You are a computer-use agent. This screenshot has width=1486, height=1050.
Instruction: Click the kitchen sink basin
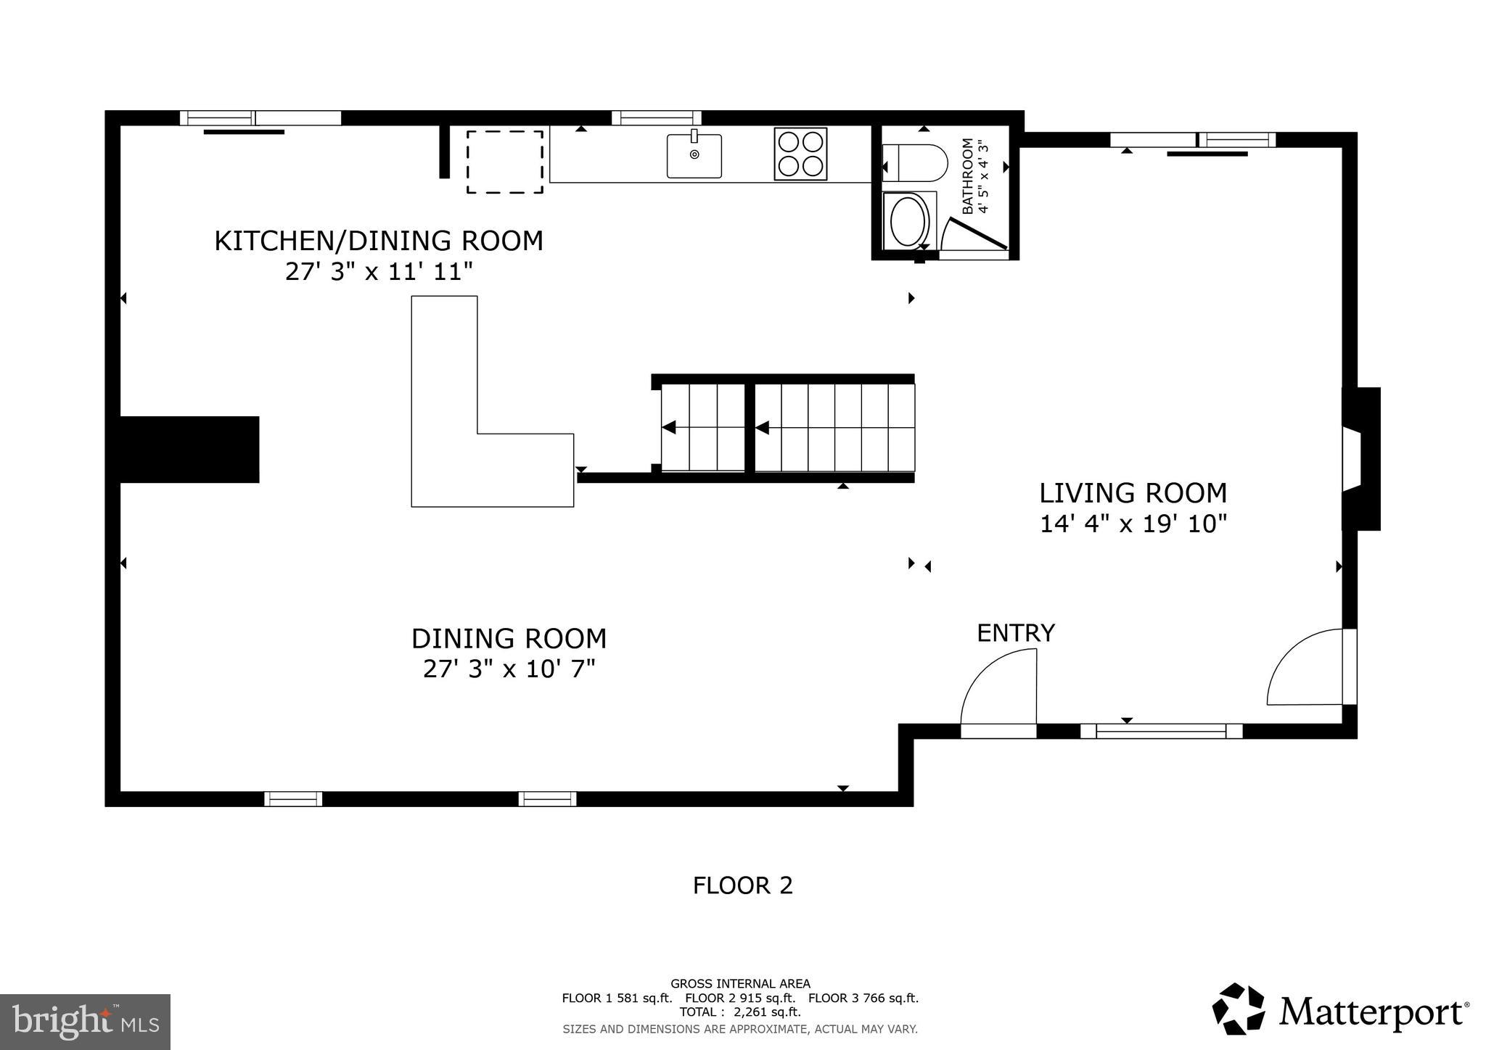[x=694, y=156]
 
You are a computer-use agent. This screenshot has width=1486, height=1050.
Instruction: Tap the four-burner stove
[x=800, y=154]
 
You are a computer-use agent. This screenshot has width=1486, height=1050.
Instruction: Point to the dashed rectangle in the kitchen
[x=505, y=162]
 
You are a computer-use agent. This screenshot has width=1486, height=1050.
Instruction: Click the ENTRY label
[x=1015, y=633]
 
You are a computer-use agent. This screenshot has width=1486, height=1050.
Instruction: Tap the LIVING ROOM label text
[x=1133, y=493]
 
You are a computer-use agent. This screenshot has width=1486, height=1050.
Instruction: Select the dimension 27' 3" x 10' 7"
[x=509, y=669]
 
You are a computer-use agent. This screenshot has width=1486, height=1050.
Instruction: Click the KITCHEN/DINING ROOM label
[x=378, y=241]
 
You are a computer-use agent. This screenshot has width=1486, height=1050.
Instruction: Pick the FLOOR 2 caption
[x=742, y=885]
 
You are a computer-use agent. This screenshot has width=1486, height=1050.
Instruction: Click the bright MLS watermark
[x=85, y=1022]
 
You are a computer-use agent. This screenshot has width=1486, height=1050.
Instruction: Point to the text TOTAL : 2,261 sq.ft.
[x=740, y=1012]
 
